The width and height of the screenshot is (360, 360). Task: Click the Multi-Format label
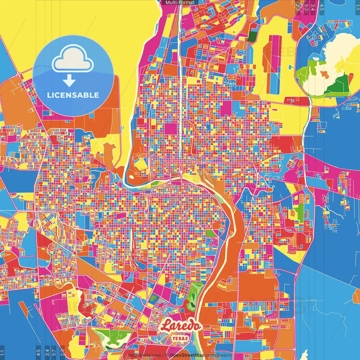pyautogui.click(x=180, y=3)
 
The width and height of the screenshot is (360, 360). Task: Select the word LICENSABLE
pyautogui.click(x=73, y=95)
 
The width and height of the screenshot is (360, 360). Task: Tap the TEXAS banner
pyautogui.click(x=180, y=338)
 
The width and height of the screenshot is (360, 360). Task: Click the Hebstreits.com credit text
pyautogui.click(x=145, y=355)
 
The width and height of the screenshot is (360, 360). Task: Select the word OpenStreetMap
pyautogui.click(x=187, y=355)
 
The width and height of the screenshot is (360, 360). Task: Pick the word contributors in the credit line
pyautogui.click(x=219, y=355)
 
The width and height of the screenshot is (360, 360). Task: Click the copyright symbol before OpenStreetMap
pyautogui.click(x=167, y=355)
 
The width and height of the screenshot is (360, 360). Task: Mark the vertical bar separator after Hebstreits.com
pyautogui.click(x=163, y=355)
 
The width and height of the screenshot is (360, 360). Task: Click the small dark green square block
pyautogui.click(x=252, y=37)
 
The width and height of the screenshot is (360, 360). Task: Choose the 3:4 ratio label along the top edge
pyautogui.click(x=312, y=7)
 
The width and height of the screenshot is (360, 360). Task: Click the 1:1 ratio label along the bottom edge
pyautogui.click(x=3, y=352)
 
